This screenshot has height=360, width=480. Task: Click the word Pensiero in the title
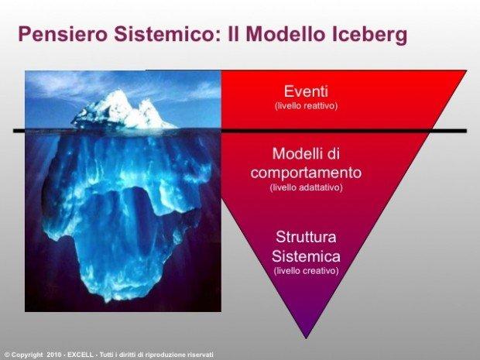63,33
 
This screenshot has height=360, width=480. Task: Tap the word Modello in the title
285,33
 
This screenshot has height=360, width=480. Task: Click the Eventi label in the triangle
306,91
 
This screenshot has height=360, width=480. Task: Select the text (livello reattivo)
306,106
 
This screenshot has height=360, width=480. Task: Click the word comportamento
306,173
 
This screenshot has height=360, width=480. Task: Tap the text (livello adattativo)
306,187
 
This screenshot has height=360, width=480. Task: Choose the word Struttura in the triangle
306,237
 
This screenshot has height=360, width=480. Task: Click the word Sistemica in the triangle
306,256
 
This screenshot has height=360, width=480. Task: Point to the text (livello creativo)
306,271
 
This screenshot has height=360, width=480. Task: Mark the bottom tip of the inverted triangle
306,338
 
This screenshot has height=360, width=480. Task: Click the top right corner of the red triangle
467,70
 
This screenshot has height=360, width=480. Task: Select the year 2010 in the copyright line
54,355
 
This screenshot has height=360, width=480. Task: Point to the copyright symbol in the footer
7,355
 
